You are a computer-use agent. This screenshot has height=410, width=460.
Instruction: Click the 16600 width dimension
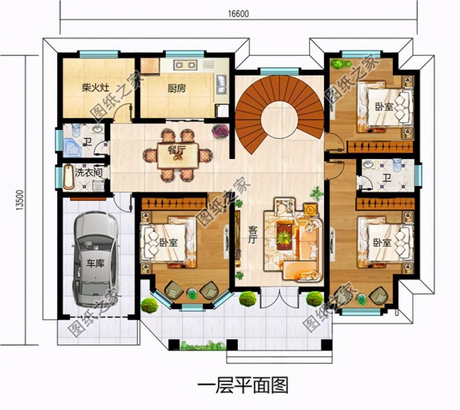(238, 13)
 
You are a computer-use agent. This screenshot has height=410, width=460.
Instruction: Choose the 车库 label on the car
(95, 264)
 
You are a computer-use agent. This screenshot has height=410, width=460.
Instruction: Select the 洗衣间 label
(84, 172)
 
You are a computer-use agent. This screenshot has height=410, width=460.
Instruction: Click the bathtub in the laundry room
(67, 177)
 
